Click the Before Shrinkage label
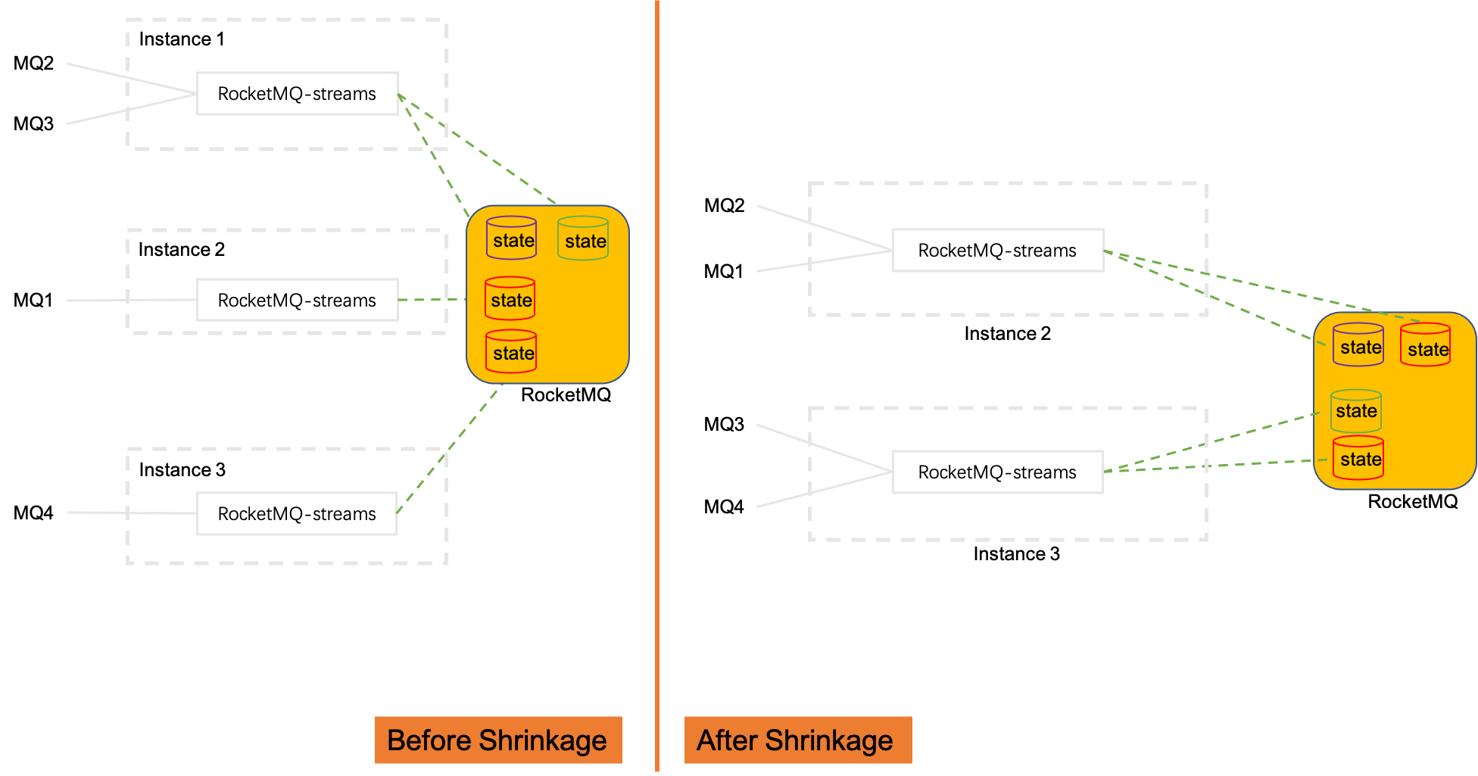(497, 740)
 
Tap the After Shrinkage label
(797, 740)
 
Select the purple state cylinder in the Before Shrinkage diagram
(512, 238)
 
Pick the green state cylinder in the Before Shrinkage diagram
(583, 238)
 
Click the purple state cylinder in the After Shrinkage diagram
(1358, 345)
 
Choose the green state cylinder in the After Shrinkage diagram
(1356, 411)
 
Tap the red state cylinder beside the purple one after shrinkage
(1426, 345)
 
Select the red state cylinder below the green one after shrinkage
(1358, 458)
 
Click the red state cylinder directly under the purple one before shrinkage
(510, 298)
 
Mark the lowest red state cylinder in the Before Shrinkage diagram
(511, 351)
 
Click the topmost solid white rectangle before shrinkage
(298, 94)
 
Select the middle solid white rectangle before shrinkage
(298, 300)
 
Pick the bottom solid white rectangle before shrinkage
(297, 513)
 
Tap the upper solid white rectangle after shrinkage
(998, 250)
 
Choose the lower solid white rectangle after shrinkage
(998, 472)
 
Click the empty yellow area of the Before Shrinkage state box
(583, 326)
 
